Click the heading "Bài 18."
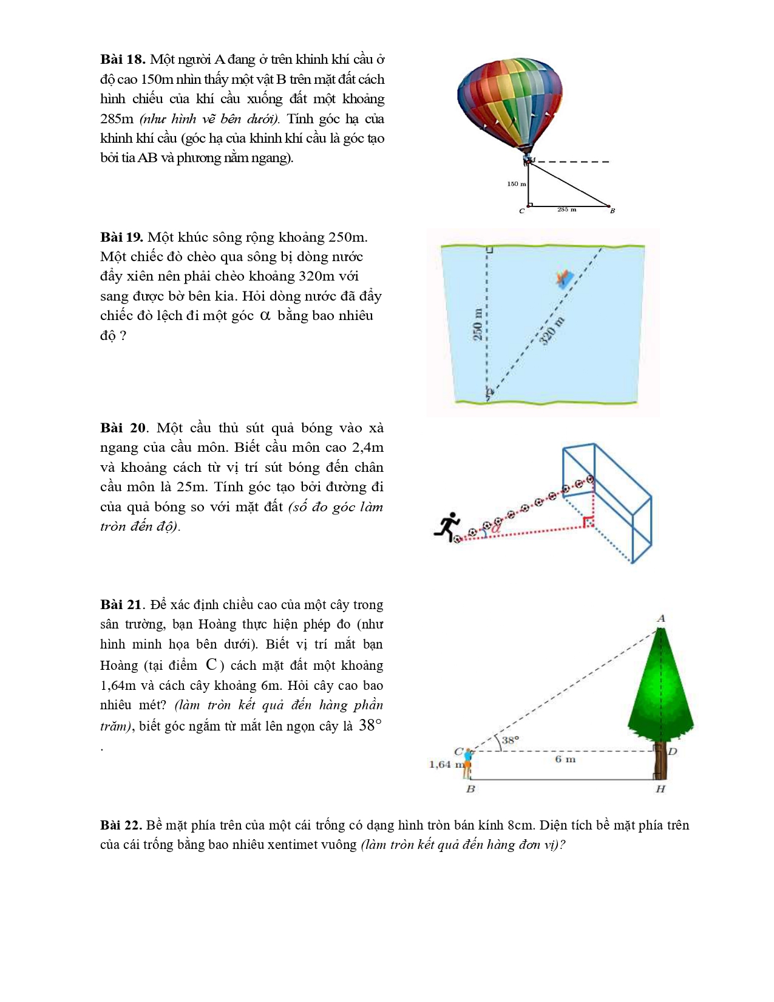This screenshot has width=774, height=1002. tap(123, 60)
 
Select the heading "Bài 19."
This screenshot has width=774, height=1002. tap(121, 237)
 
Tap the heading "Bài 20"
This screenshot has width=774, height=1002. tap(123, 428)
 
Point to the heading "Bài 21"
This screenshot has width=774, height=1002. tap(121, 605)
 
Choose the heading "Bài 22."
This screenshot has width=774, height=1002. tap(121, 825)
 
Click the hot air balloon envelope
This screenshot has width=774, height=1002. tap(509, 100)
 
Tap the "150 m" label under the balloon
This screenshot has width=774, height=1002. tap(517, 183)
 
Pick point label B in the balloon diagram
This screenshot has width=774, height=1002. tap(613, 211)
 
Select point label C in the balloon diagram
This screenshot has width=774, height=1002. tap(521, 211)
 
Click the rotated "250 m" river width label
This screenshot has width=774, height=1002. tap(478, 324)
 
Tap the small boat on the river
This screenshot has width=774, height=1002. tap(565, 278)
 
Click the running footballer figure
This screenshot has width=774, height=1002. tap(447, 526)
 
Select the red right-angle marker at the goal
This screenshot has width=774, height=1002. tap(588, 522)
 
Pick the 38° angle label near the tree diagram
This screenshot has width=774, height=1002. tap(511, 740)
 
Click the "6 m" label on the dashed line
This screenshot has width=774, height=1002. tap(565, 759)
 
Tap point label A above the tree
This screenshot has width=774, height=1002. tap(661, 618)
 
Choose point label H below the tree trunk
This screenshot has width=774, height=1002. tap(660, 789)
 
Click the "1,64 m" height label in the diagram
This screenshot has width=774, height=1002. tap(445, 765)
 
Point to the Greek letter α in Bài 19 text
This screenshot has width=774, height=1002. tap(265, 316)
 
